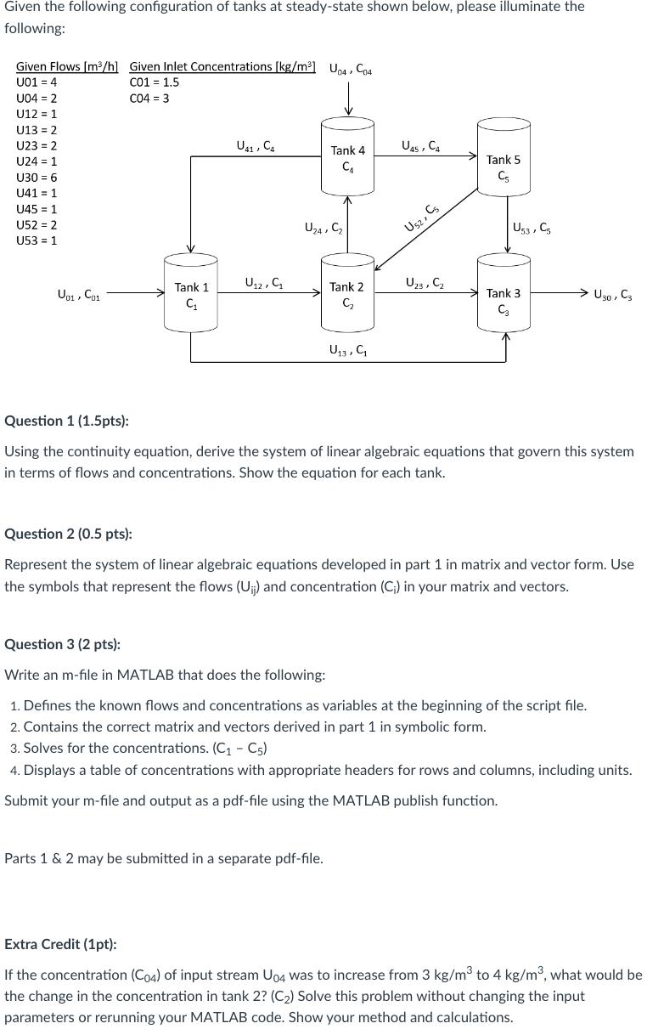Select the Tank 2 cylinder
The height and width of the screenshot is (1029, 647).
click(x=346, y=294)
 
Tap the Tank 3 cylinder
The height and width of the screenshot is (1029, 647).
click(x=504, y=299)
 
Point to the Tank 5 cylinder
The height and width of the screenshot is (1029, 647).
click(x=504, y=165)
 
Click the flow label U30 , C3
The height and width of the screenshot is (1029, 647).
click(x=613, y=296)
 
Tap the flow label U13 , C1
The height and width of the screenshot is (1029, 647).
click(x=347, y=348)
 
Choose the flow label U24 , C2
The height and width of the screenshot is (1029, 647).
click(x=323, y=228)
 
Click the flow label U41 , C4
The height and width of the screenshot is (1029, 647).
click(x=255, y=146)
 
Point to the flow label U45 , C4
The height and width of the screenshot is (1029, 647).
click(x=420, y=145)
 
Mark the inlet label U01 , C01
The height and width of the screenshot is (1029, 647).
click(x=79, y=296)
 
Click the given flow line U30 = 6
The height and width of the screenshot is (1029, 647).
click(x=37, y=178)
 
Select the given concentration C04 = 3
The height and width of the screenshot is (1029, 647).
click(x=149, y=99)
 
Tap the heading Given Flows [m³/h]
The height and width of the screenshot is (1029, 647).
click(x=67, y=66)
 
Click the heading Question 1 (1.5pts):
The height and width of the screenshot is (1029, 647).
click(x=67, y=421)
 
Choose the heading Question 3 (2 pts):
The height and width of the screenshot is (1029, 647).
click(x=63, y=644)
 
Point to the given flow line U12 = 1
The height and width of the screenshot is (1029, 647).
click(x=37, y=114)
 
